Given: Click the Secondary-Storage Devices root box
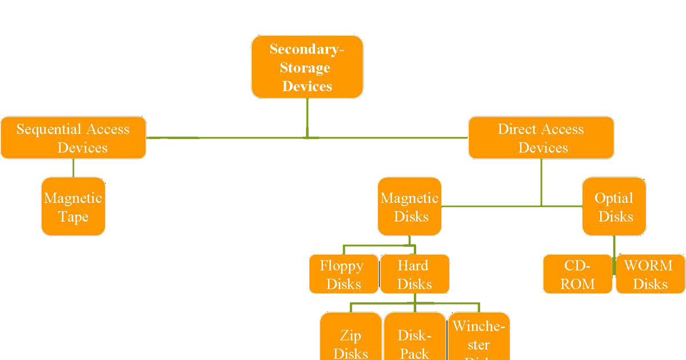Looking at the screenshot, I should click(307, 67).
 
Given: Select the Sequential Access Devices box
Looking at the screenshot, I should click(73, 138).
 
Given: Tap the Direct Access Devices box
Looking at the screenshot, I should click(541, 138).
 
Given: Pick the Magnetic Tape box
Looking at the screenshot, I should click(73, 206).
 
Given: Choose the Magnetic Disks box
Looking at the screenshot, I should click(409, 206).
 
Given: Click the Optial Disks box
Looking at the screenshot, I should click(614, 206).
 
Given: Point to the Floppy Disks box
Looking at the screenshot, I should click(343, 274).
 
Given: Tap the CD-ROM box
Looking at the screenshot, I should click(577, 274).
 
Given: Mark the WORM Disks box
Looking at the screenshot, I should click(650, 274).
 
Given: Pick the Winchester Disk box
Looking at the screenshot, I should click(478, 337).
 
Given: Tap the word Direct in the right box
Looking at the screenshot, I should click(518, 129).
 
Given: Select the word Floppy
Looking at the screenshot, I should click(342, 266).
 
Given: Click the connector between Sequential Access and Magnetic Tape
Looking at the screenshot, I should click(73, 168).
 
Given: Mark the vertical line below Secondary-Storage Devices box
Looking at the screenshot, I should click(307, 117).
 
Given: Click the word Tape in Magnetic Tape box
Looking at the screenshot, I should click(73, 217).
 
